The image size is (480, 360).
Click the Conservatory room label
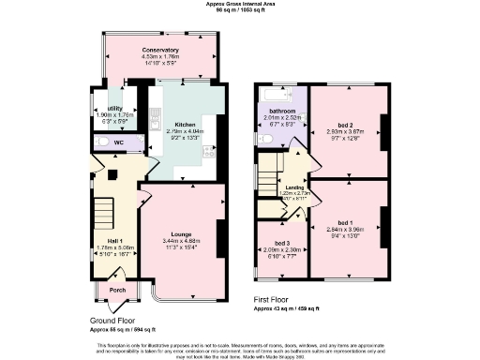(160, 49)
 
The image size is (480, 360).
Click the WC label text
(119, 142)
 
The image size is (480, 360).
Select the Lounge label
(182, 233)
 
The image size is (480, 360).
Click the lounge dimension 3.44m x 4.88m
(182, 241)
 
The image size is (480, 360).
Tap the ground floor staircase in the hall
(102, 211)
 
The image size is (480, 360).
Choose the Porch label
(117, 289)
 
